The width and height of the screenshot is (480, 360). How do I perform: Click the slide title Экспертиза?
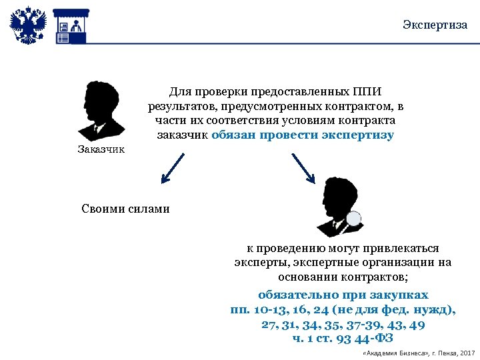[x=435, y=25]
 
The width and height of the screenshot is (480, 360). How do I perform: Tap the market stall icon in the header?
[x=71, y=25]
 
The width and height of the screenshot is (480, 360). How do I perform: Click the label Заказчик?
[x=101, y=149]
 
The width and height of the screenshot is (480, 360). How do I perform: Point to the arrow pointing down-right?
[x=303, y=167]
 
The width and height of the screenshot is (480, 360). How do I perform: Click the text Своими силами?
[x=125, y=209]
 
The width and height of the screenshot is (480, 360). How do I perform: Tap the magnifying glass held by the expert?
[x=353, y=219]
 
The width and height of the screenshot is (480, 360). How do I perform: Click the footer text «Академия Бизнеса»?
[x=392, y=352]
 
